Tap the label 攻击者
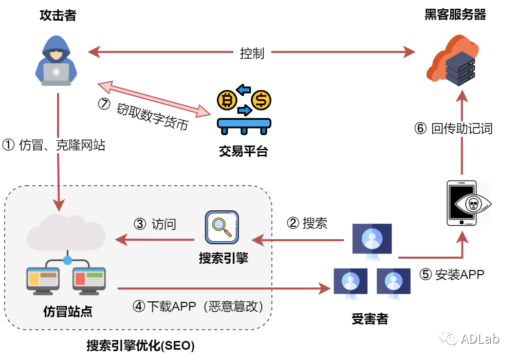pos(58,15)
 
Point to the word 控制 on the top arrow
pos(252,53)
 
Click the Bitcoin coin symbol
pos(227,100)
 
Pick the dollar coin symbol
pos(261,100)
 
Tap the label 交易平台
pos(244,151)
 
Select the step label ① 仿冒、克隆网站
pos(54,145)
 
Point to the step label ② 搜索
pos(307,223)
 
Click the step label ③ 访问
pos(155,224)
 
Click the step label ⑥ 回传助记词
pos(453,129)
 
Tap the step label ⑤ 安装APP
pos(452,274)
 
